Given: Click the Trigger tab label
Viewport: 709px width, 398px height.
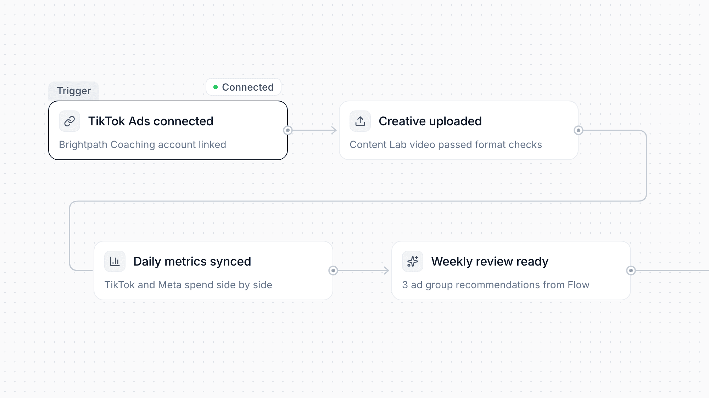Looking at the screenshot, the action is (x=74, y=91).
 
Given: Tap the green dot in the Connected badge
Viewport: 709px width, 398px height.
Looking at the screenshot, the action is (x=216, y=87).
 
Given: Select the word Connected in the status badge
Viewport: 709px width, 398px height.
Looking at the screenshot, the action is (x=248, y=87).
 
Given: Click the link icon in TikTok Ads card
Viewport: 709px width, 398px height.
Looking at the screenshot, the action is (x=69, y=121).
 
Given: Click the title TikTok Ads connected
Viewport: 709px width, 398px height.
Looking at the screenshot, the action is (x=151, y=121).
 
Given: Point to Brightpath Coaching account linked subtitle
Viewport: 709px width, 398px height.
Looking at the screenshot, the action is (x=143, y=144).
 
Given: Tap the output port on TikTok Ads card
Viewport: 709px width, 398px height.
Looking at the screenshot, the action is (x=288, y=130).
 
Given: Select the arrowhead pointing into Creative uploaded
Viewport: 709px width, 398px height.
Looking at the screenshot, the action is (x=334, y=130).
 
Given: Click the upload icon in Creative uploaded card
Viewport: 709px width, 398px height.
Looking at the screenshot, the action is (x=360, y=121).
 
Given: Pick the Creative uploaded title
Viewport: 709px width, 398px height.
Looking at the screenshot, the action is (x=430, y=121).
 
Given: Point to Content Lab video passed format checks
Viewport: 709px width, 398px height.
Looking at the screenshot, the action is (x=446, y=144).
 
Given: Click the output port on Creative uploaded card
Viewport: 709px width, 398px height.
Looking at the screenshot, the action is (x=579, y=130).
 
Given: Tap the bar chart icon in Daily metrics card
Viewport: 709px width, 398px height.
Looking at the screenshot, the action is (x=115, y=261).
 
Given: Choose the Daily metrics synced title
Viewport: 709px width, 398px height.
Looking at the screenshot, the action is (x=192, y=261).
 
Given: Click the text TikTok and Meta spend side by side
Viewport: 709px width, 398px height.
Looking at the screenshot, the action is (x=188, y=285).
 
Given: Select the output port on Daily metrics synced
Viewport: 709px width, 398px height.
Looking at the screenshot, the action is (x=333, y=271).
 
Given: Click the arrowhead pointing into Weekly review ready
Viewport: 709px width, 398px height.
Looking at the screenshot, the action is (x=386, y=271).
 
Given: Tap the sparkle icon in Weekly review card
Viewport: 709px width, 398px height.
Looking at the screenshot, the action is (x=413, y=261).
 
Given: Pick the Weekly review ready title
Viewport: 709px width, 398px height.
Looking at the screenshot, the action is (x=490, y=261).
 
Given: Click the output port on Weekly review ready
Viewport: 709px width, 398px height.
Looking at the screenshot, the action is (x=631, y=271).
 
